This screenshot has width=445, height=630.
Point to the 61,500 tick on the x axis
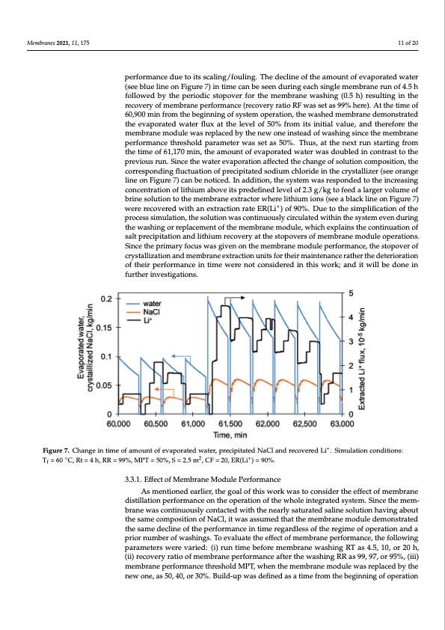pyautogui.click(x=230, y=423)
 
